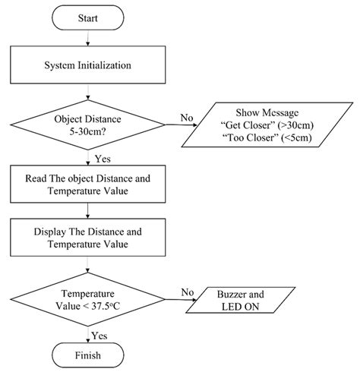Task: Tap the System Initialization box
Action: pyautogui.click(x=90, y=65)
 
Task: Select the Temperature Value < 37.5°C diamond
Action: pyautogui.click(x=90, y=298)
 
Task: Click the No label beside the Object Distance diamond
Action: pyautogui.click(x=185, y=118)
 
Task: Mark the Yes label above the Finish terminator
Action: pyautogui.click(x=99, y=333)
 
